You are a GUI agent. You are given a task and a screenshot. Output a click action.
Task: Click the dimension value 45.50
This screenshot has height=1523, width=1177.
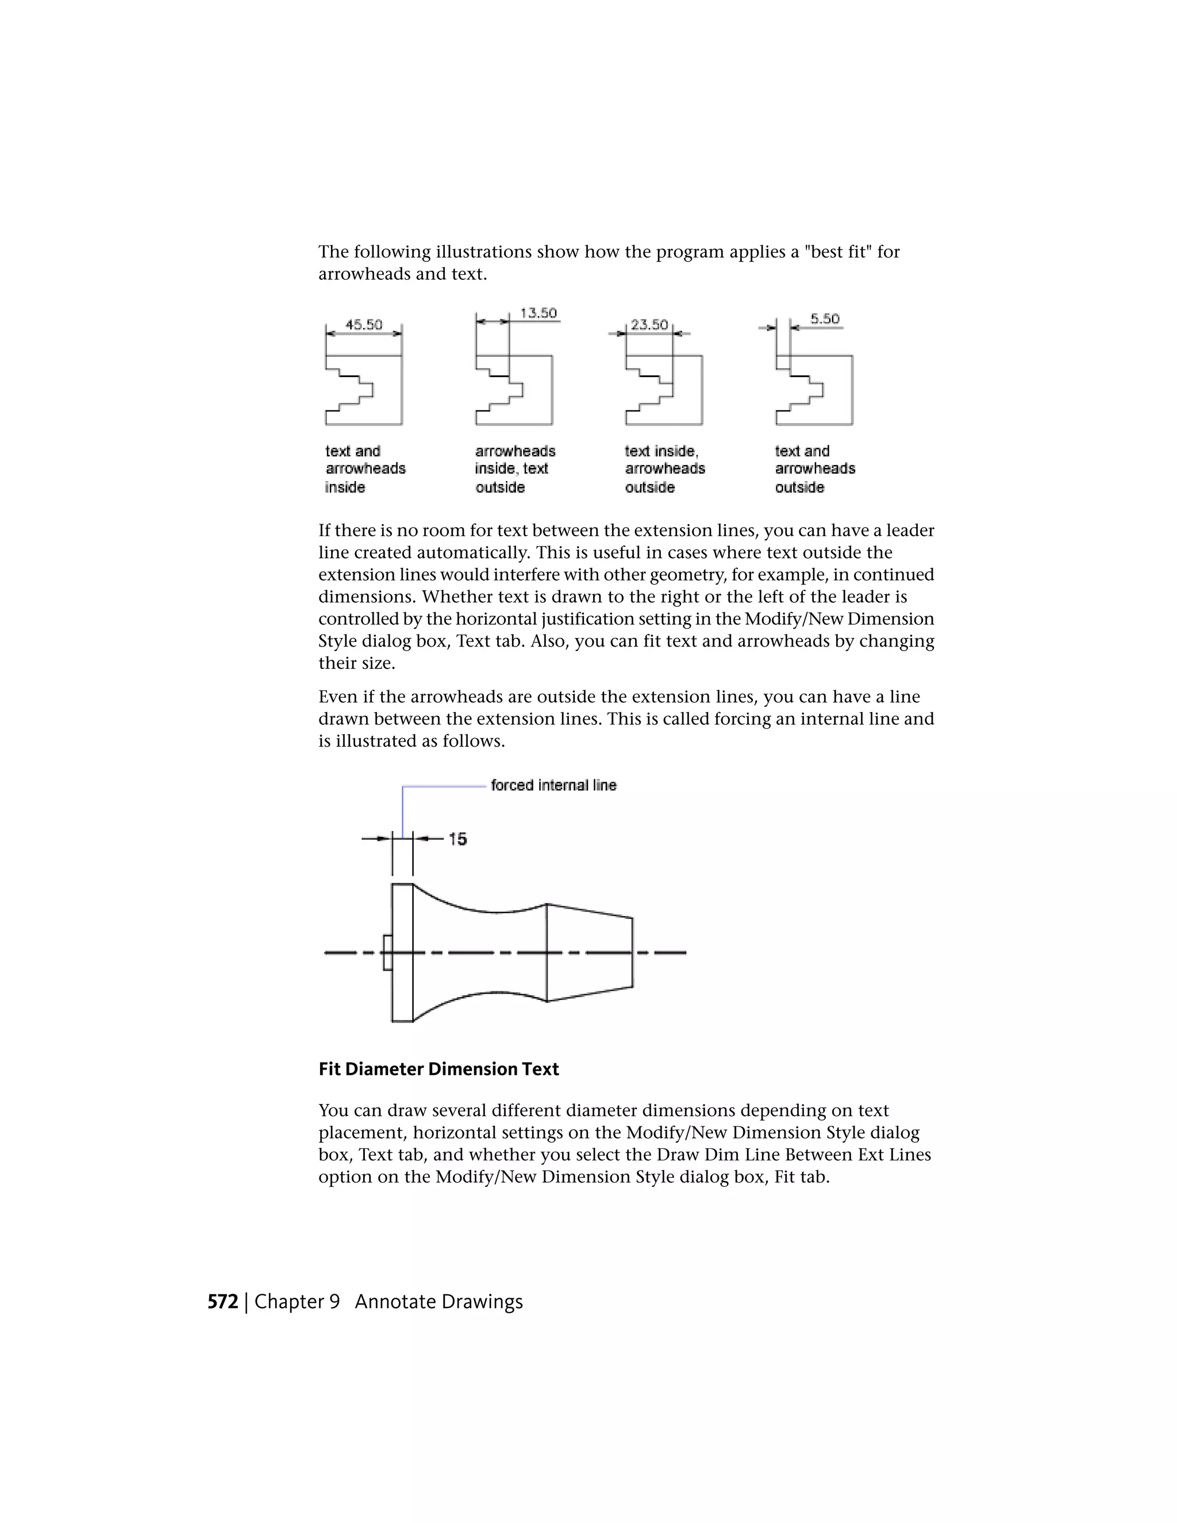pos(364,324)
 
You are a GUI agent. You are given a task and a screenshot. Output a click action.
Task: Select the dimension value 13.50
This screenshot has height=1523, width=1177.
pos(539,313)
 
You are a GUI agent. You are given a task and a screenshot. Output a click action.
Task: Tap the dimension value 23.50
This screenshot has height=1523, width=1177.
pos(649,324)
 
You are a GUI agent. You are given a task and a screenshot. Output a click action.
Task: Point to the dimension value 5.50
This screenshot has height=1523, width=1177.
pos(825,319)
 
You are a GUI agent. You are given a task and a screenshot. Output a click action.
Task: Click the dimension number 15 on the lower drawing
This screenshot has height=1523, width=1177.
pos(457,839)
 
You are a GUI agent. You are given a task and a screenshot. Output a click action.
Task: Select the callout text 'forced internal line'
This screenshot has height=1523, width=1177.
pos(553,785)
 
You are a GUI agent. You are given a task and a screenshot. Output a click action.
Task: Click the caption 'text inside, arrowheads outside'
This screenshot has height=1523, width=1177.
pos(664,468)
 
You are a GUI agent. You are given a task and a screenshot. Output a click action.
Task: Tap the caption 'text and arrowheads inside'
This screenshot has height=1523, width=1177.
pos(365,468)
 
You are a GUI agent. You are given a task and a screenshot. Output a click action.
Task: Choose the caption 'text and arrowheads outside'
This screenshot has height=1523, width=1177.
pos(814,468)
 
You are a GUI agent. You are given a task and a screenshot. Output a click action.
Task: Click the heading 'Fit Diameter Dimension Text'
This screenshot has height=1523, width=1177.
pos(439,1069)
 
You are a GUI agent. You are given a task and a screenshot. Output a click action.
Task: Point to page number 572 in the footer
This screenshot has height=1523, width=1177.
pos(222,1302)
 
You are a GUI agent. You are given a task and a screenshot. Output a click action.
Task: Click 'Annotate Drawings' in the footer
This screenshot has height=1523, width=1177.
pos(439,1302)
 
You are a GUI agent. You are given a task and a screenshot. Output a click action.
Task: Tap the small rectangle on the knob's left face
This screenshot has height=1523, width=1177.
pos(387,952)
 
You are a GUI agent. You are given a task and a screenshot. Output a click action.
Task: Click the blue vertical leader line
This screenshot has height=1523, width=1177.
pos(402,813)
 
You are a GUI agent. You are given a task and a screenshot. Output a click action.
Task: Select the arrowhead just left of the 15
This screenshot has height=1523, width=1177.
pos(418,839)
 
